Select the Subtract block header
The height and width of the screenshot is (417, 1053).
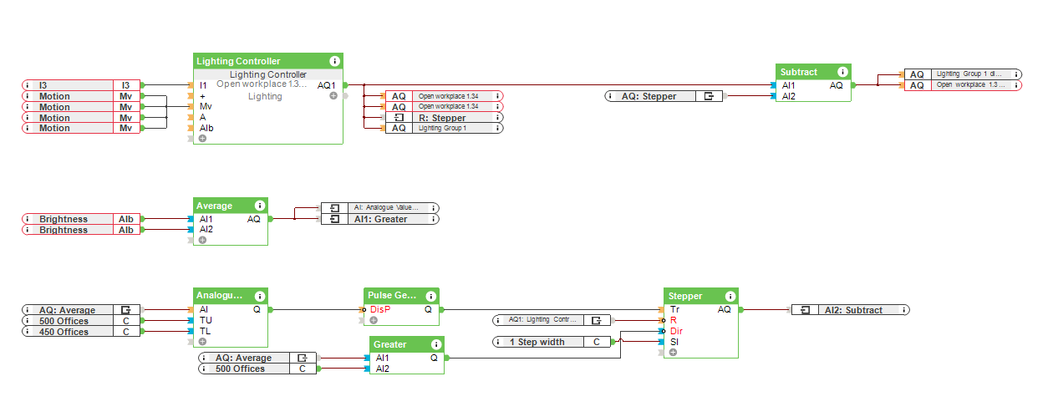(799, 72)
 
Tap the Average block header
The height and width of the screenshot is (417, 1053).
(215, 206)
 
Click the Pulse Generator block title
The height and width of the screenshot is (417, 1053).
(391, 296)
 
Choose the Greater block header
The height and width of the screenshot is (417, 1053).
(390, 344)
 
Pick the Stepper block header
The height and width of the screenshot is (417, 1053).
(685, 296)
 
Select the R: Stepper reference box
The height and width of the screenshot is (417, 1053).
(443, 118)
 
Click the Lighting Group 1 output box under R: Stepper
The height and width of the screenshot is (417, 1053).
(443, 129)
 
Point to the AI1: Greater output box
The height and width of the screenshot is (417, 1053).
(379, 219)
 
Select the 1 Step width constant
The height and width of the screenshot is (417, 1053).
(551, 342)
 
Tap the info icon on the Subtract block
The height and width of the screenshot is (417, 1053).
(842, 72)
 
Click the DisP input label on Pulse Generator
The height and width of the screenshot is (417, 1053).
(380, 310)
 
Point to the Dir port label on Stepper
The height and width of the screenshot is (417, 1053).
(677, 331)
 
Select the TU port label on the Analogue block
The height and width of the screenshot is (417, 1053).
(206, 321)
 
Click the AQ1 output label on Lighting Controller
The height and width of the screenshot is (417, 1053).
(326, 85)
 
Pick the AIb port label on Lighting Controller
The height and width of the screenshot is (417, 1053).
(206, 129)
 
